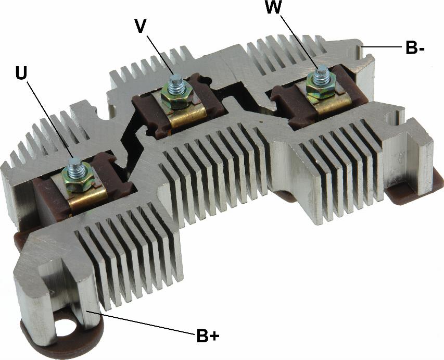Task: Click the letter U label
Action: tap(21, 73)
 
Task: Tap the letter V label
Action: tap(141, 27)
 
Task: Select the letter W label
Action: tap(273, 7)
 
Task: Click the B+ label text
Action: tap(208, 336)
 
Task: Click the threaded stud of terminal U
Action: tap(76, 168)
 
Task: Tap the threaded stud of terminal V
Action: tap(175, 84)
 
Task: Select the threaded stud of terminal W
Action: tap(322, 75)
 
